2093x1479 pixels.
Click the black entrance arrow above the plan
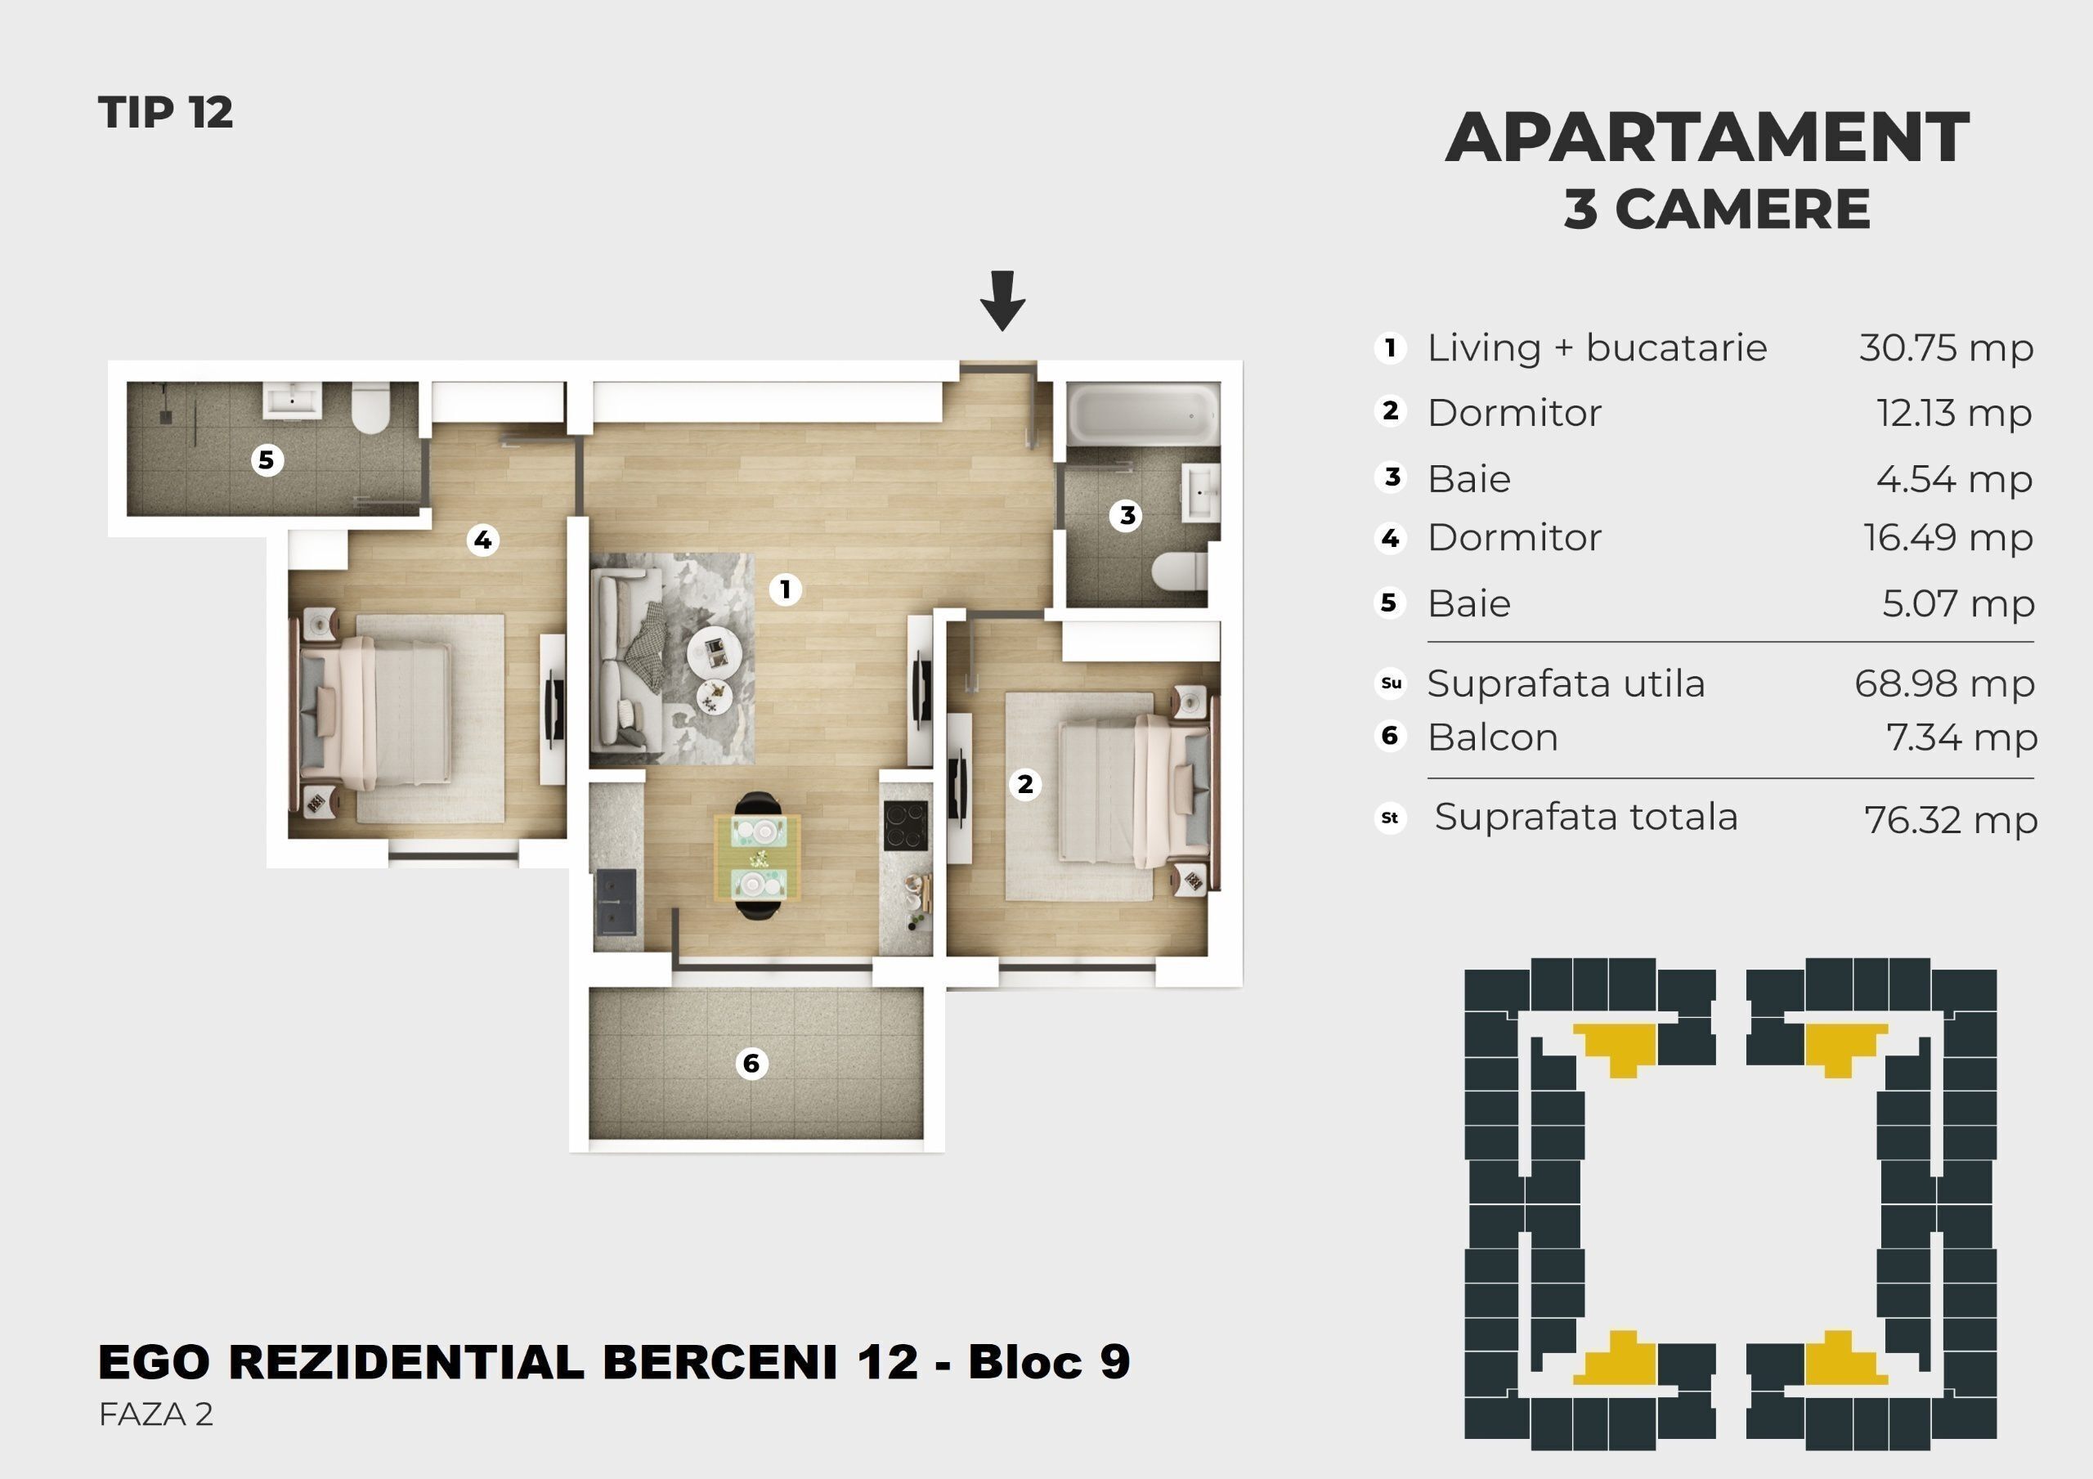1002,301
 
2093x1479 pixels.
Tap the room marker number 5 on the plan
267,459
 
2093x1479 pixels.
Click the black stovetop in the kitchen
905,825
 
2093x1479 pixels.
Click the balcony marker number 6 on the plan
751,1063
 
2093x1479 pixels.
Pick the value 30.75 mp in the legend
1946,348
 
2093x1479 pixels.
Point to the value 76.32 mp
1951,820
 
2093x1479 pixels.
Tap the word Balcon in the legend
1492,737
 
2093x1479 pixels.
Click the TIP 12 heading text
166,113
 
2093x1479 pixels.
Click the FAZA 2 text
156,1414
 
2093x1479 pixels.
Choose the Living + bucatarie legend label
1597,348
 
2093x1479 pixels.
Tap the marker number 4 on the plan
482,540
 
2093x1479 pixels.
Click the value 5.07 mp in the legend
1958,603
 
